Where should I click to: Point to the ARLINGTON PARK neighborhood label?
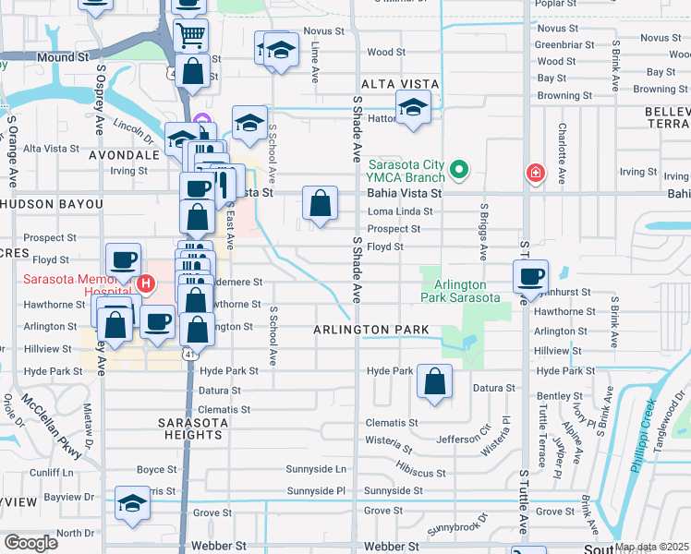coord(370,330)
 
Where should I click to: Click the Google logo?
coord(30,542)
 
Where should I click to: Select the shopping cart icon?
coord(190,36)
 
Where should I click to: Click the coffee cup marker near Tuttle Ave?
coord(531,275)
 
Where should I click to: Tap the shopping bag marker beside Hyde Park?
coord(434,380)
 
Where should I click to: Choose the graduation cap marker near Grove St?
coord(133,504)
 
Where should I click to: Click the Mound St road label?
coord(62,57)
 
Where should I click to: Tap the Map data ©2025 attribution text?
coord(651,547)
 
